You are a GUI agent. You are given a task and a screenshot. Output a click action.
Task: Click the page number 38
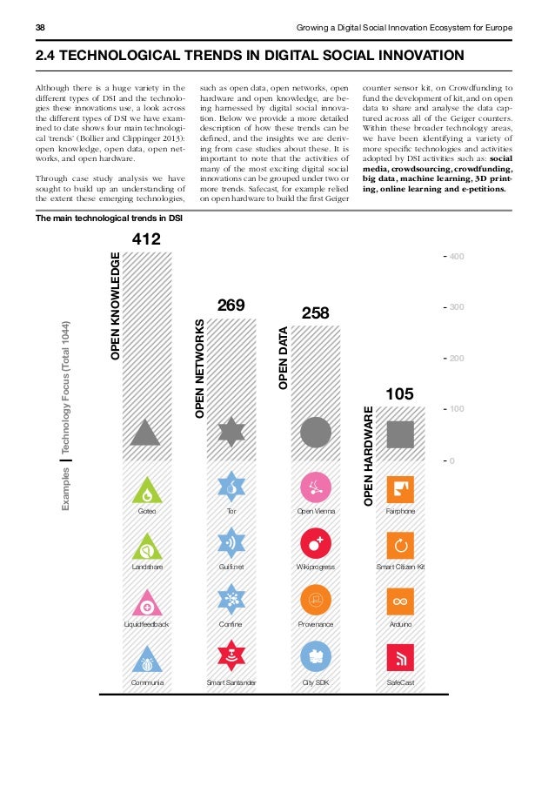pos(40,28)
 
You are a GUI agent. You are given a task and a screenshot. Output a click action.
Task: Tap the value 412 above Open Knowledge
pos(147,238)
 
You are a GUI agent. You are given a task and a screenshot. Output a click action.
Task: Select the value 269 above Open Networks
pos(231,305)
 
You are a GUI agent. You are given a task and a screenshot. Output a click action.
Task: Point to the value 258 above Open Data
pos(316,312)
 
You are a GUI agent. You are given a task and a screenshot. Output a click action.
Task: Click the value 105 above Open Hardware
pos(399,394)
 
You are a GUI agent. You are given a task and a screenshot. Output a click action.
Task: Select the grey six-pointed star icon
pos(231,433)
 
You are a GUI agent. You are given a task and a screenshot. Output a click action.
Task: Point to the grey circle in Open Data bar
pos(316,433)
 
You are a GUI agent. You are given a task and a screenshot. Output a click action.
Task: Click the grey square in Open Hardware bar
pos(400,433)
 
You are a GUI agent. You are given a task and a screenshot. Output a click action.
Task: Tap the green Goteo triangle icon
pos(147,490)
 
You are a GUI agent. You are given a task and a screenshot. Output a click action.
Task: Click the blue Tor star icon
pos(231,488)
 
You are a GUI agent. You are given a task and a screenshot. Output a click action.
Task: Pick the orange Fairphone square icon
pos(400,489)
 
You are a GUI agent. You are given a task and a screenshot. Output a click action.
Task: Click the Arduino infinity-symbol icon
pos(400,601)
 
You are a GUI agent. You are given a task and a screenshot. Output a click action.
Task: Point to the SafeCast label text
pos(400,682)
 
